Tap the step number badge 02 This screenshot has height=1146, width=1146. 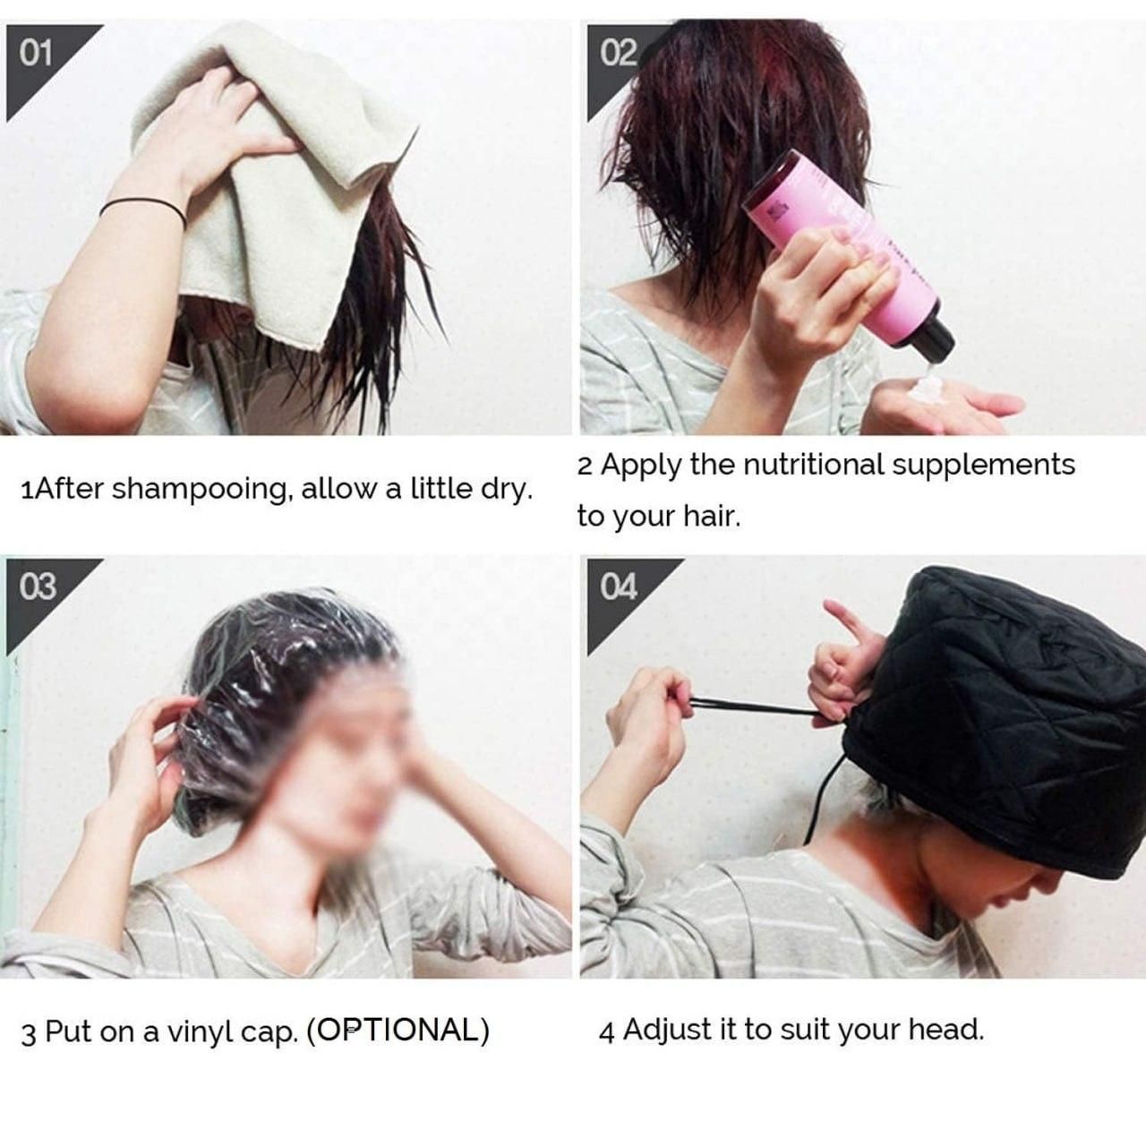click(x=618, y=55)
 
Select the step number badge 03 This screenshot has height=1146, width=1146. click(x=38, y=587)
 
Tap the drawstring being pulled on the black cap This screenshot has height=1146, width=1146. click(x=743, y=707)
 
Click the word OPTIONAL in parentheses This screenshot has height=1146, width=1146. click(x=398, y=1031)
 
